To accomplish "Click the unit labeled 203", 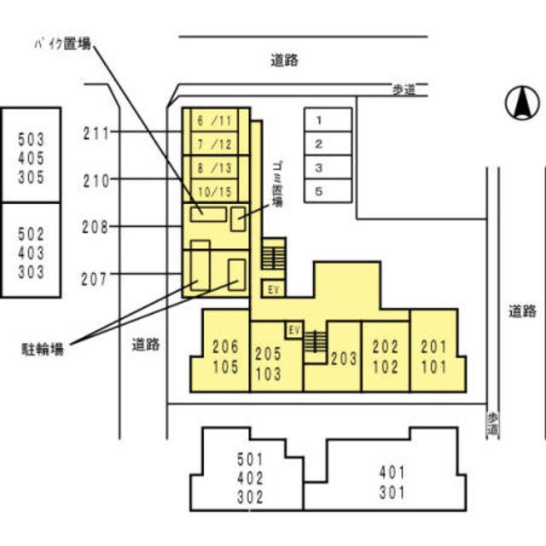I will pos(344,359).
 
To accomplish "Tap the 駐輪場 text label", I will pos(44,348).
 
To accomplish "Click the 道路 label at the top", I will pos(285,60).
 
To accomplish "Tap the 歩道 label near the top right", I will pos(404,90).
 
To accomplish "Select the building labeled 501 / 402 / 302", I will pos(251,479).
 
